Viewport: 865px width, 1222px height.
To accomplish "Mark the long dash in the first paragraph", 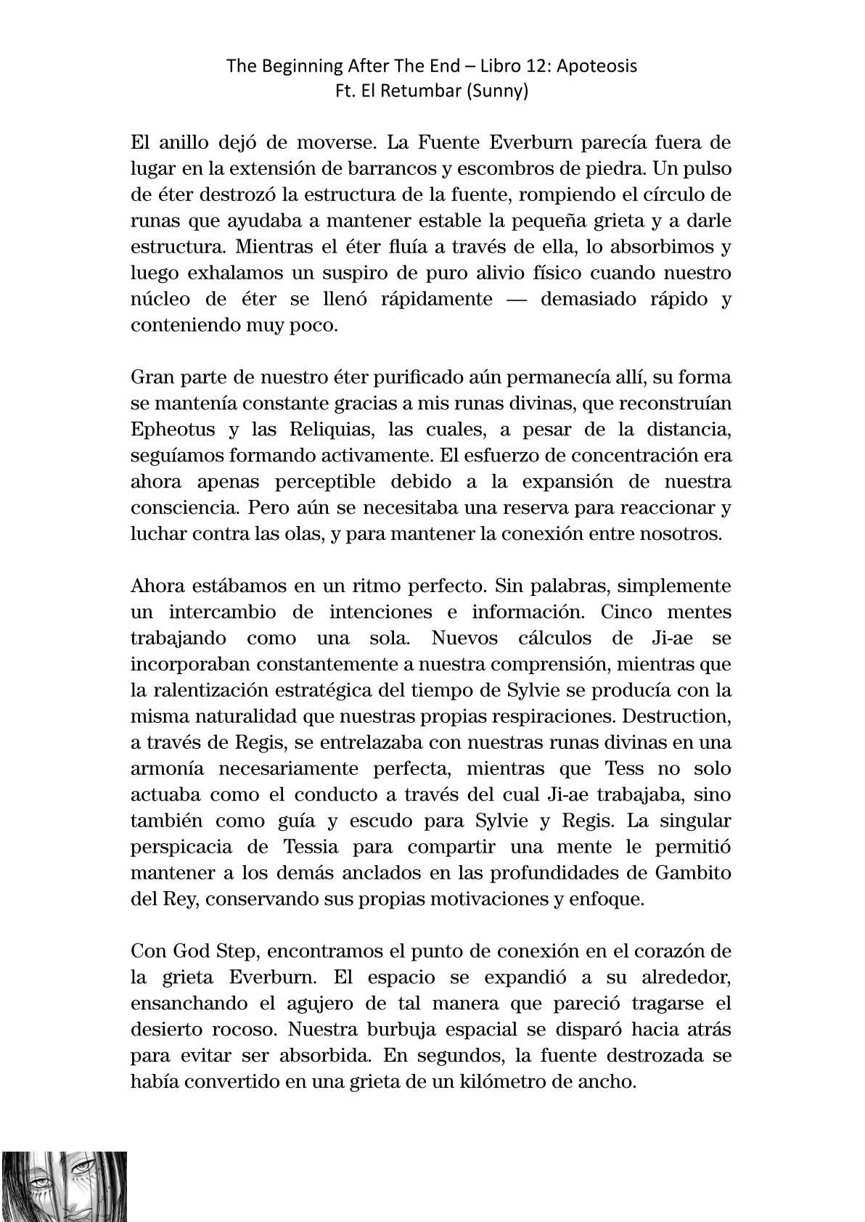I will tap(515, 299).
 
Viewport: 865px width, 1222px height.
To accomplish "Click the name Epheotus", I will tap(173, 429).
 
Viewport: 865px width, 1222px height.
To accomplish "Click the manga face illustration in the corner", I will tap(63, 1186).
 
